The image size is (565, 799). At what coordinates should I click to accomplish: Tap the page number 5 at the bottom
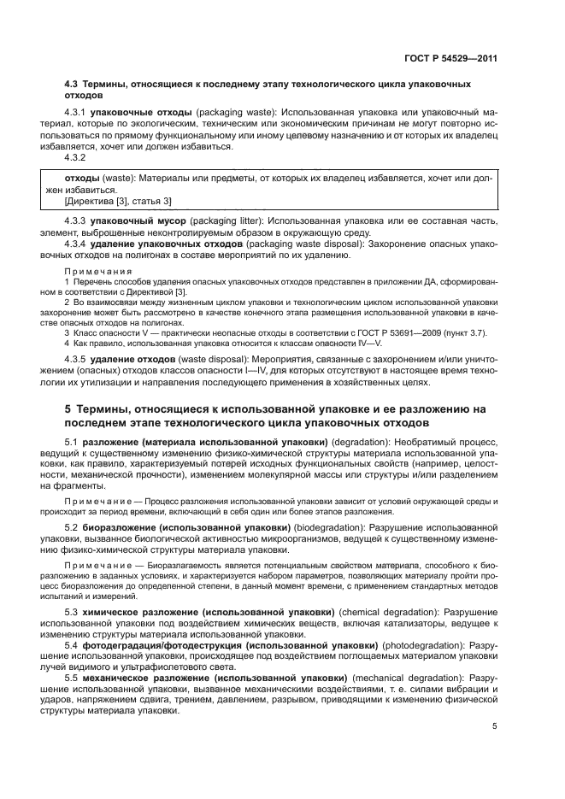495,727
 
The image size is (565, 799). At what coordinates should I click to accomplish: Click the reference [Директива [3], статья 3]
118,201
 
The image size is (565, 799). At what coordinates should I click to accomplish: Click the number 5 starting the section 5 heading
68,409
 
